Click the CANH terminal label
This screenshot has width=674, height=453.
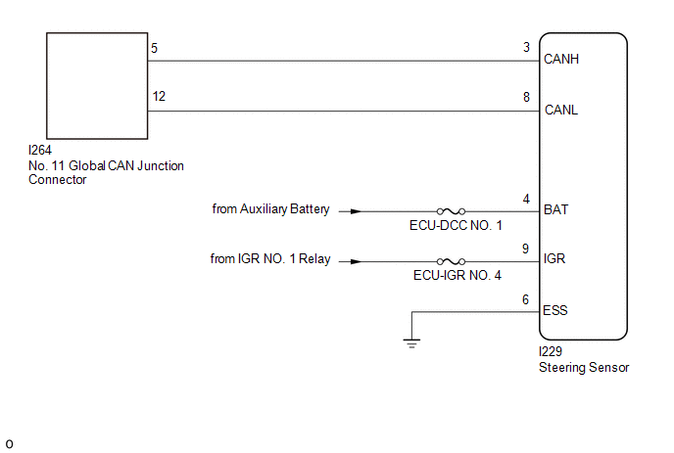pyautogui.click(x=561, y=60)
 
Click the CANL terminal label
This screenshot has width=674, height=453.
pyautogui.click(x=561, y=110)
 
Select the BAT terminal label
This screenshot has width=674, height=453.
pyautogui.click(x=555, y=209)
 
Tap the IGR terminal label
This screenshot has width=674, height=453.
pyautogui.click(x=554, y=260)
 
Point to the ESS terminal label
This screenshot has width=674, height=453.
pyautogui.click(x=555, y=311)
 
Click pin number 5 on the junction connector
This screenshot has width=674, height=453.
pyautogui.click(x=155, y=47)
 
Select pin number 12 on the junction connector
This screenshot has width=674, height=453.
pyautogui.click(x=158, y=96)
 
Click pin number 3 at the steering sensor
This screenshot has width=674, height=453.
pyautogui.click(x=526, y=47)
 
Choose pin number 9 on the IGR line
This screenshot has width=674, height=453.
pyautogui.click(x=526, y=248)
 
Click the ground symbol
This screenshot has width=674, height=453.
pyautogui.click(x=411, y=342)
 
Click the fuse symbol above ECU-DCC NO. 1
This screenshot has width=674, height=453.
pyautogui.click(x=452, y=210)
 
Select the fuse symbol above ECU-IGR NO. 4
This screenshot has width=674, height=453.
pyautogui.click(x=452, y=261)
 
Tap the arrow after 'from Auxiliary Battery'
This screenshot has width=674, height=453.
pyautogui.click(x=355, y=210)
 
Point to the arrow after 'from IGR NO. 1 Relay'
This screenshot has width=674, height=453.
pyautogui.click(x=355, y=261)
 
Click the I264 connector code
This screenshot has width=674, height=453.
pyautogui.click(x=40, y=152)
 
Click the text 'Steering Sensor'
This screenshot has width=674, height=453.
pyautogui.click(x=583, y=368)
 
